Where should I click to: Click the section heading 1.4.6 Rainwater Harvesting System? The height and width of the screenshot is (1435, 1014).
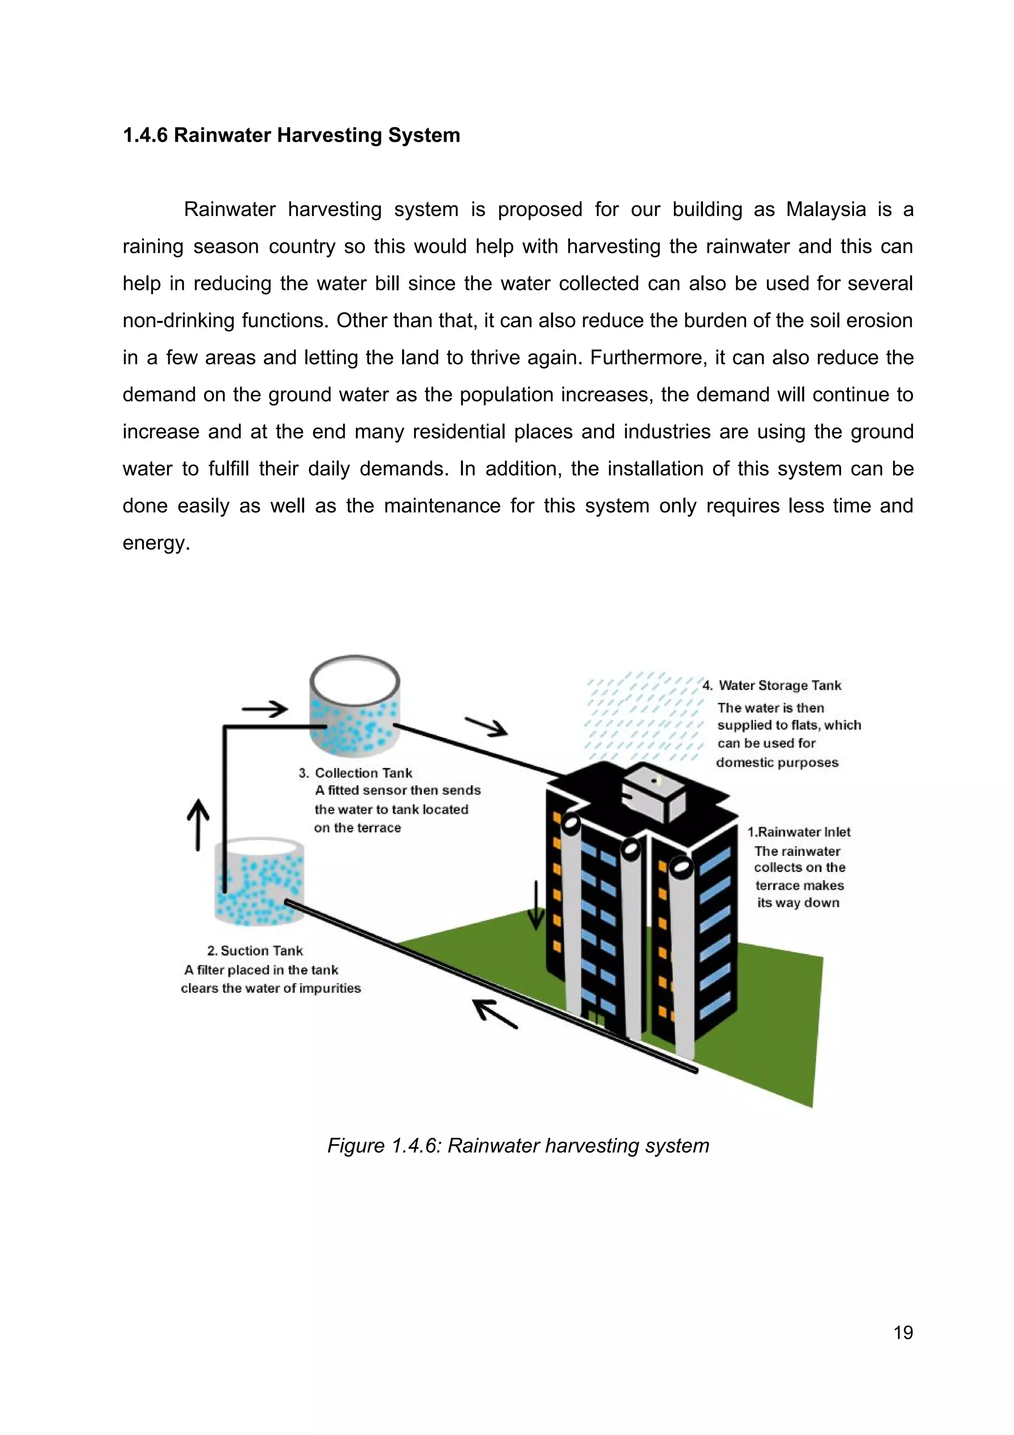(291, 135)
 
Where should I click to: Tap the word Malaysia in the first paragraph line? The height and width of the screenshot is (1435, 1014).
(826, 210)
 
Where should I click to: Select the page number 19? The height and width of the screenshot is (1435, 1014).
(903, 1332)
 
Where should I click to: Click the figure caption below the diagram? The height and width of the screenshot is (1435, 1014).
(518, 1146)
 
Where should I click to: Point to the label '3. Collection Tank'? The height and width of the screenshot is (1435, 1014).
(356, 773)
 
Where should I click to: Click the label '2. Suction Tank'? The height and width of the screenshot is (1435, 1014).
(255, 951)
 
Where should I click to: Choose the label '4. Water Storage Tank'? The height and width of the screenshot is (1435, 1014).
(772, 686)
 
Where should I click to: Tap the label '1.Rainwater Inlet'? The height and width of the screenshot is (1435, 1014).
(799, 832)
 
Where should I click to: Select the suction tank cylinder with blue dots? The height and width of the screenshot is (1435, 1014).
(259, 881)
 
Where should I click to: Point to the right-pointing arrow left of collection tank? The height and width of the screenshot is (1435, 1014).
(265, 709)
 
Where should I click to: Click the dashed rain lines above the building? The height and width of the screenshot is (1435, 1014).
(644, 716)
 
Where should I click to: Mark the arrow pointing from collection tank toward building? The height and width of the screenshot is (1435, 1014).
(486, 726)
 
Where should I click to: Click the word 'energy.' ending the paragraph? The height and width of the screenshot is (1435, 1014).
(156, 542)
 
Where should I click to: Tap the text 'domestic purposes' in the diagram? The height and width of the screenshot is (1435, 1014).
(777, 762)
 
